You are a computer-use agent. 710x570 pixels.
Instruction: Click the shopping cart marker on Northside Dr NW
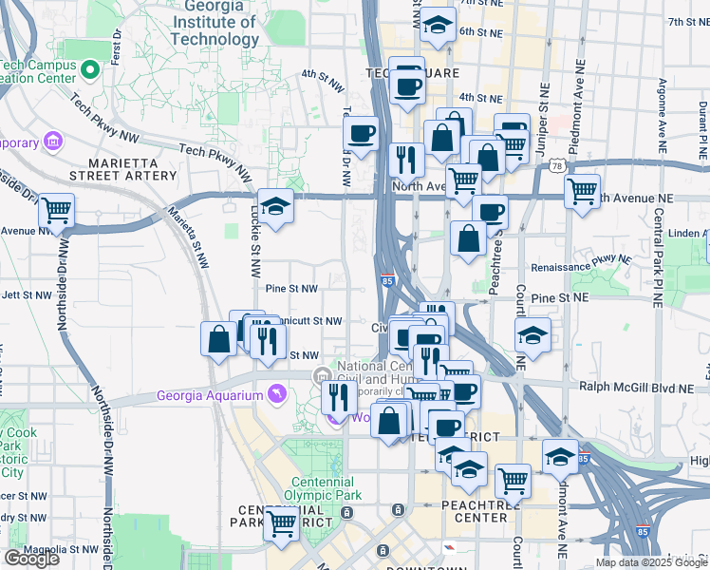coord(57,209)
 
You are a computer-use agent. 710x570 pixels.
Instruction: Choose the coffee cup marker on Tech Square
coord(408,86)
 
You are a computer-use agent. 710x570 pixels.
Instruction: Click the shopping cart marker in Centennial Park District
coord(281,522)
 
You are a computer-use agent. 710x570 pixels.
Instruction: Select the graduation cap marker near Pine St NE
coord(532,334)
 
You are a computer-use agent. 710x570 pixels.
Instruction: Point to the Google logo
coord(31,559)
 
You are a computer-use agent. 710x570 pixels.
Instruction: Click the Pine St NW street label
coord(291,288)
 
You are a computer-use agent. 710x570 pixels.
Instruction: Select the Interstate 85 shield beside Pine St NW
coord(386,280)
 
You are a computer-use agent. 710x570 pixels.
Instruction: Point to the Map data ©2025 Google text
coord(650,562)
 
